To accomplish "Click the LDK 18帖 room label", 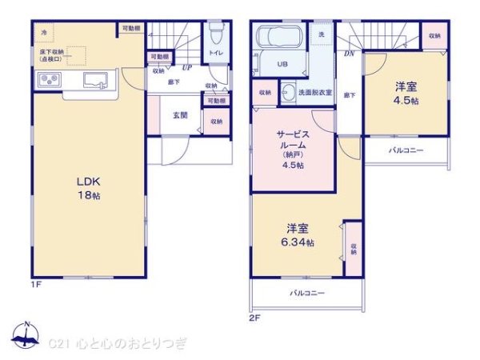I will [x=88, y=187].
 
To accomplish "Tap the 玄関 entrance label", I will [x=180, y=115].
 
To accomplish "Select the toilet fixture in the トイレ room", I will [x=214, y=35].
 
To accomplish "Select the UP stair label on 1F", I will [x=186, y=67].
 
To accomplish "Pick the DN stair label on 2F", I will [x=349, y=54].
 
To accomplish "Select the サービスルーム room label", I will [x=293, y=145].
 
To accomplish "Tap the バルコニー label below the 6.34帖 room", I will [x=307, y=294].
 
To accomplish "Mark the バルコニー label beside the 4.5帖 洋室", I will [x=406, y=150].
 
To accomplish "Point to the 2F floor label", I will [x=255, y=317].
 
